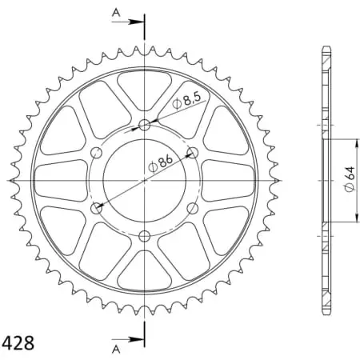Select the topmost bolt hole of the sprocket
coord(145,125)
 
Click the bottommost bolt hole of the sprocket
coord(145,236)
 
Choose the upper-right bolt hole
coord(192,152)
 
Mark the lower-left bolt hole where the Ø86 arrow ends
coord(98,208)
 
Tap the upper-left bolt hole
coord(97,153)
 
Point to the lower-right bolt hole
coord(192,208)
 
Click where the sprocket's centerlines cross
coord(145,180)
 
